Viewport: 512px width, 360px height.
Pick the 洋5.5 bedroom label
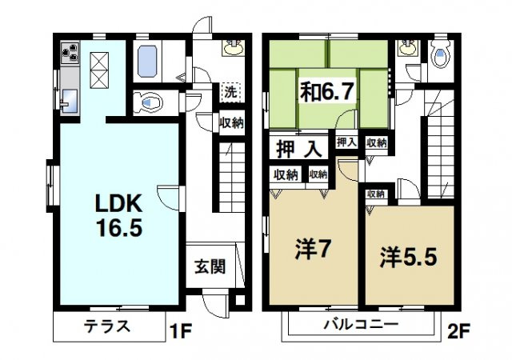pos(408,258)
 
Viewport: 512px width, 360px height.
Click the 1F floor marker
pos(181,329)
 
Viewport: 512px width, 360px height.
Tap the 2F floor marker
pos(456,329)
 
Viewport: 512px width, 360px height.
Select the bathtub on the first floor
pos(150,60)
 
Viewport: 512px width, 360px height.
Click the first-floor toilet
pos(149,102)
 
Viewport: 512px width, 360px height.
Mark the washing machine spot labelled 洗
pos(230,90)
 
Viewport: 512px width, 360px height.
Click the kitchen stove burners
pos(70,55)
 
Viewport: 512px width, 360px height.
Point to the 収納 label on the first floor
pos(232,122)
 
